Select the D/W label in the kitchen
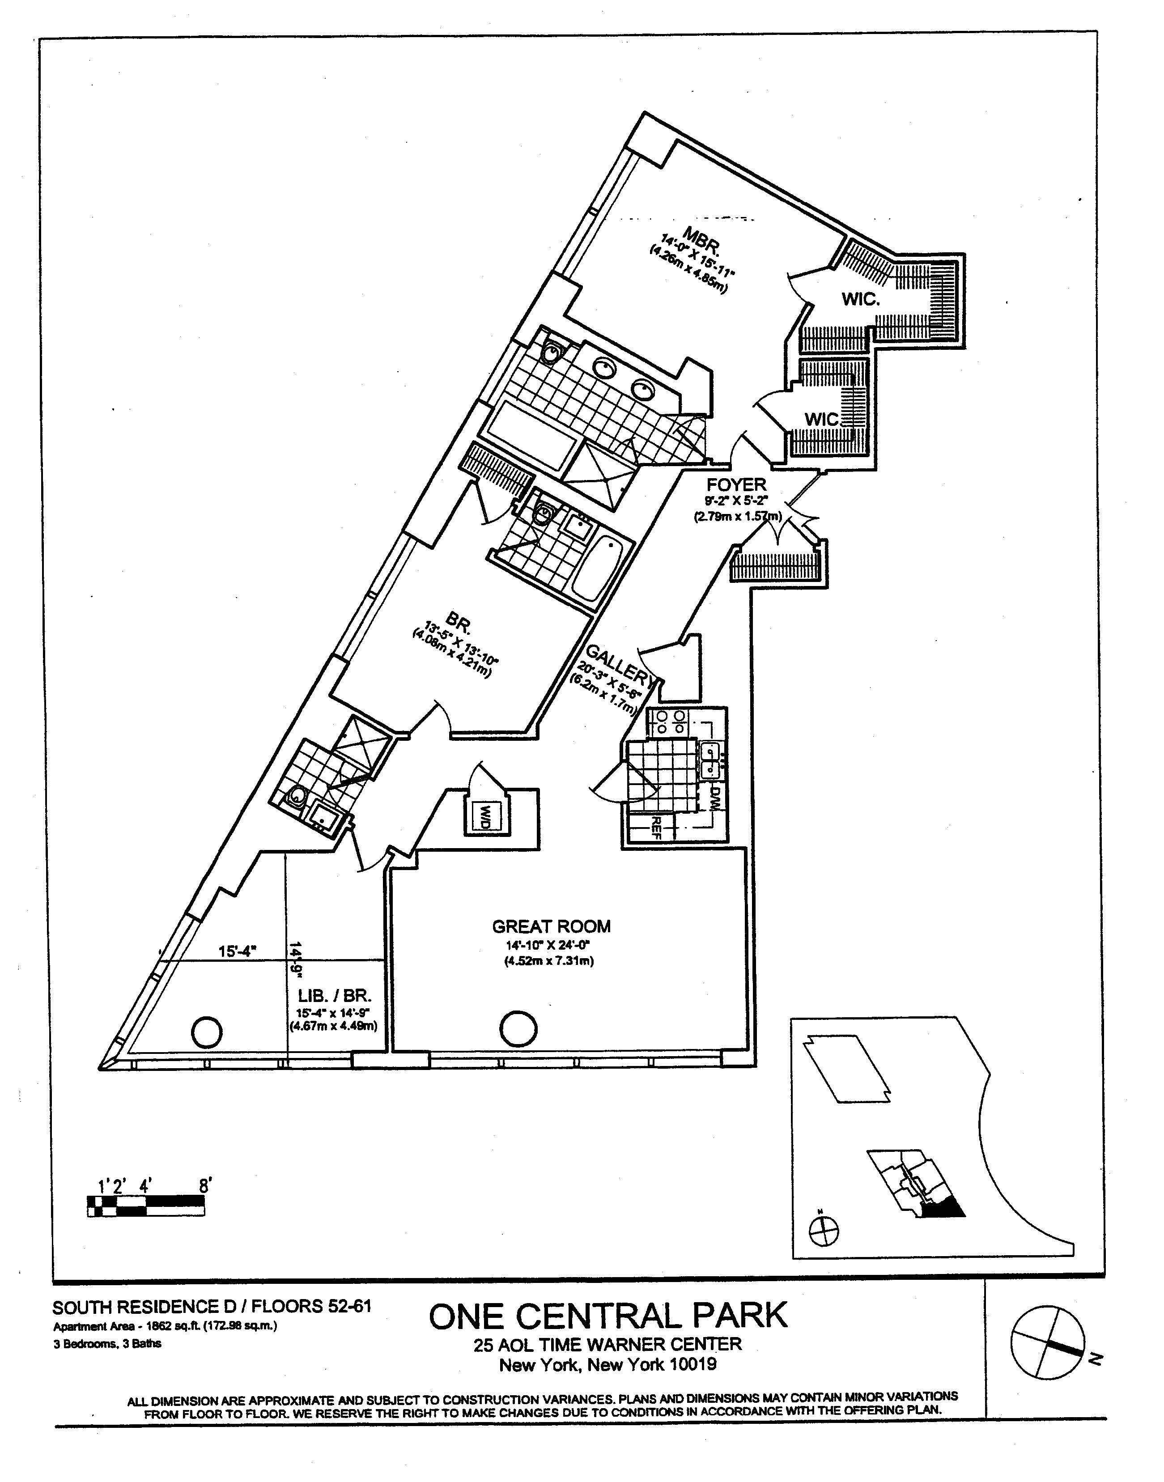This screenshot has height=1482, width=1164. pyautogui.click(x=715, y=796)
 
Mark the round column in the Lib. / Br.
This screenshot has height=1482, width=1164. pyautogui.click(x=207, y=1032)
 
